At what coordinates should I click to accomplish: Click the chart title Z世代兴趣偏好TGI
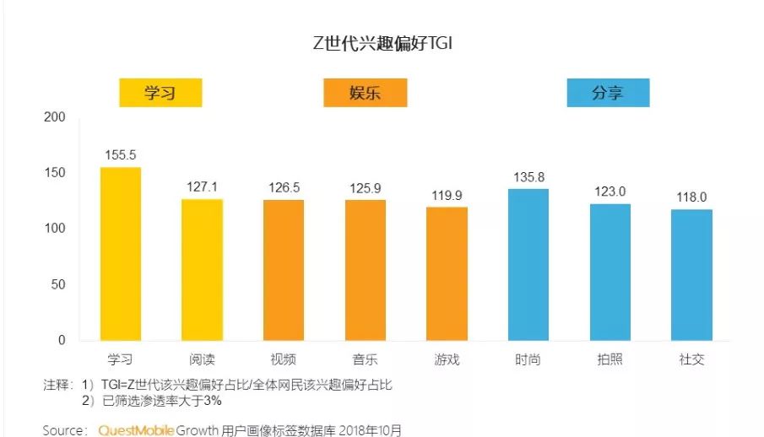pos(382,44)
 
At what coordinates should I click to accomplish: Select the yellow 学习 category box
pos(160,93)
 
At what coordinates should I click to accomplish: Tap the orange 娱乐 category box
pos(365,93)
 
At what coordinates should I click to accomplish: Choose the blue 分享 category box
pos(608,93)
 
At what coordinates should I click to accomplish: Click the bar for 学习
pos(121,253)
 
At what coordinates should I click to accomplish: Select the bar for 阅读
pos(202,269)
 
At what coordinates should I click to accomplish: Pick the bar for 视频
pos(284,270)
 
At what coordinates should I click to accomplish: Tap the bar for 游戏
pos(447,273)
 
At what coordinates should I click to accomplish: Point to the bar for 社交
pos(691,274)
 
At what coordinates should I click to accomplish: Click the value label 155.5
pos(121,155)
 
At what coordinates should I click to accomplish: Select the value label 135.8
pos(528,177)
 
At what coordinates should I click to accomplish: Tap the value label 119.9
pos(447,195)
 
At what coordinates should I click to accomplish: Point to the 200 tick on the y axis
pos(55,117)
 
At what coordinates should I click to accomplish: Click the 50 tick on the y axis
pos(58,284)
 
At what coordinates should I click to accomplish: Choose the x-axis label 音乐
pos(365,360)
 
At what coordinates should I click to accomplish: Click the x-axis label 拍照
pos(610,360)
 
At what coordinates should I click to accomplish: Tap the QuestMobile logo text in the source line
pos(136,430)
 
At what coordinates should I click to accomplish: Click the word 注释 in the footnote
pos(58,385)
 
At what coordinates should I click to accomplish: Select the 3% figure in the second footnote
pos(209,400)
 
